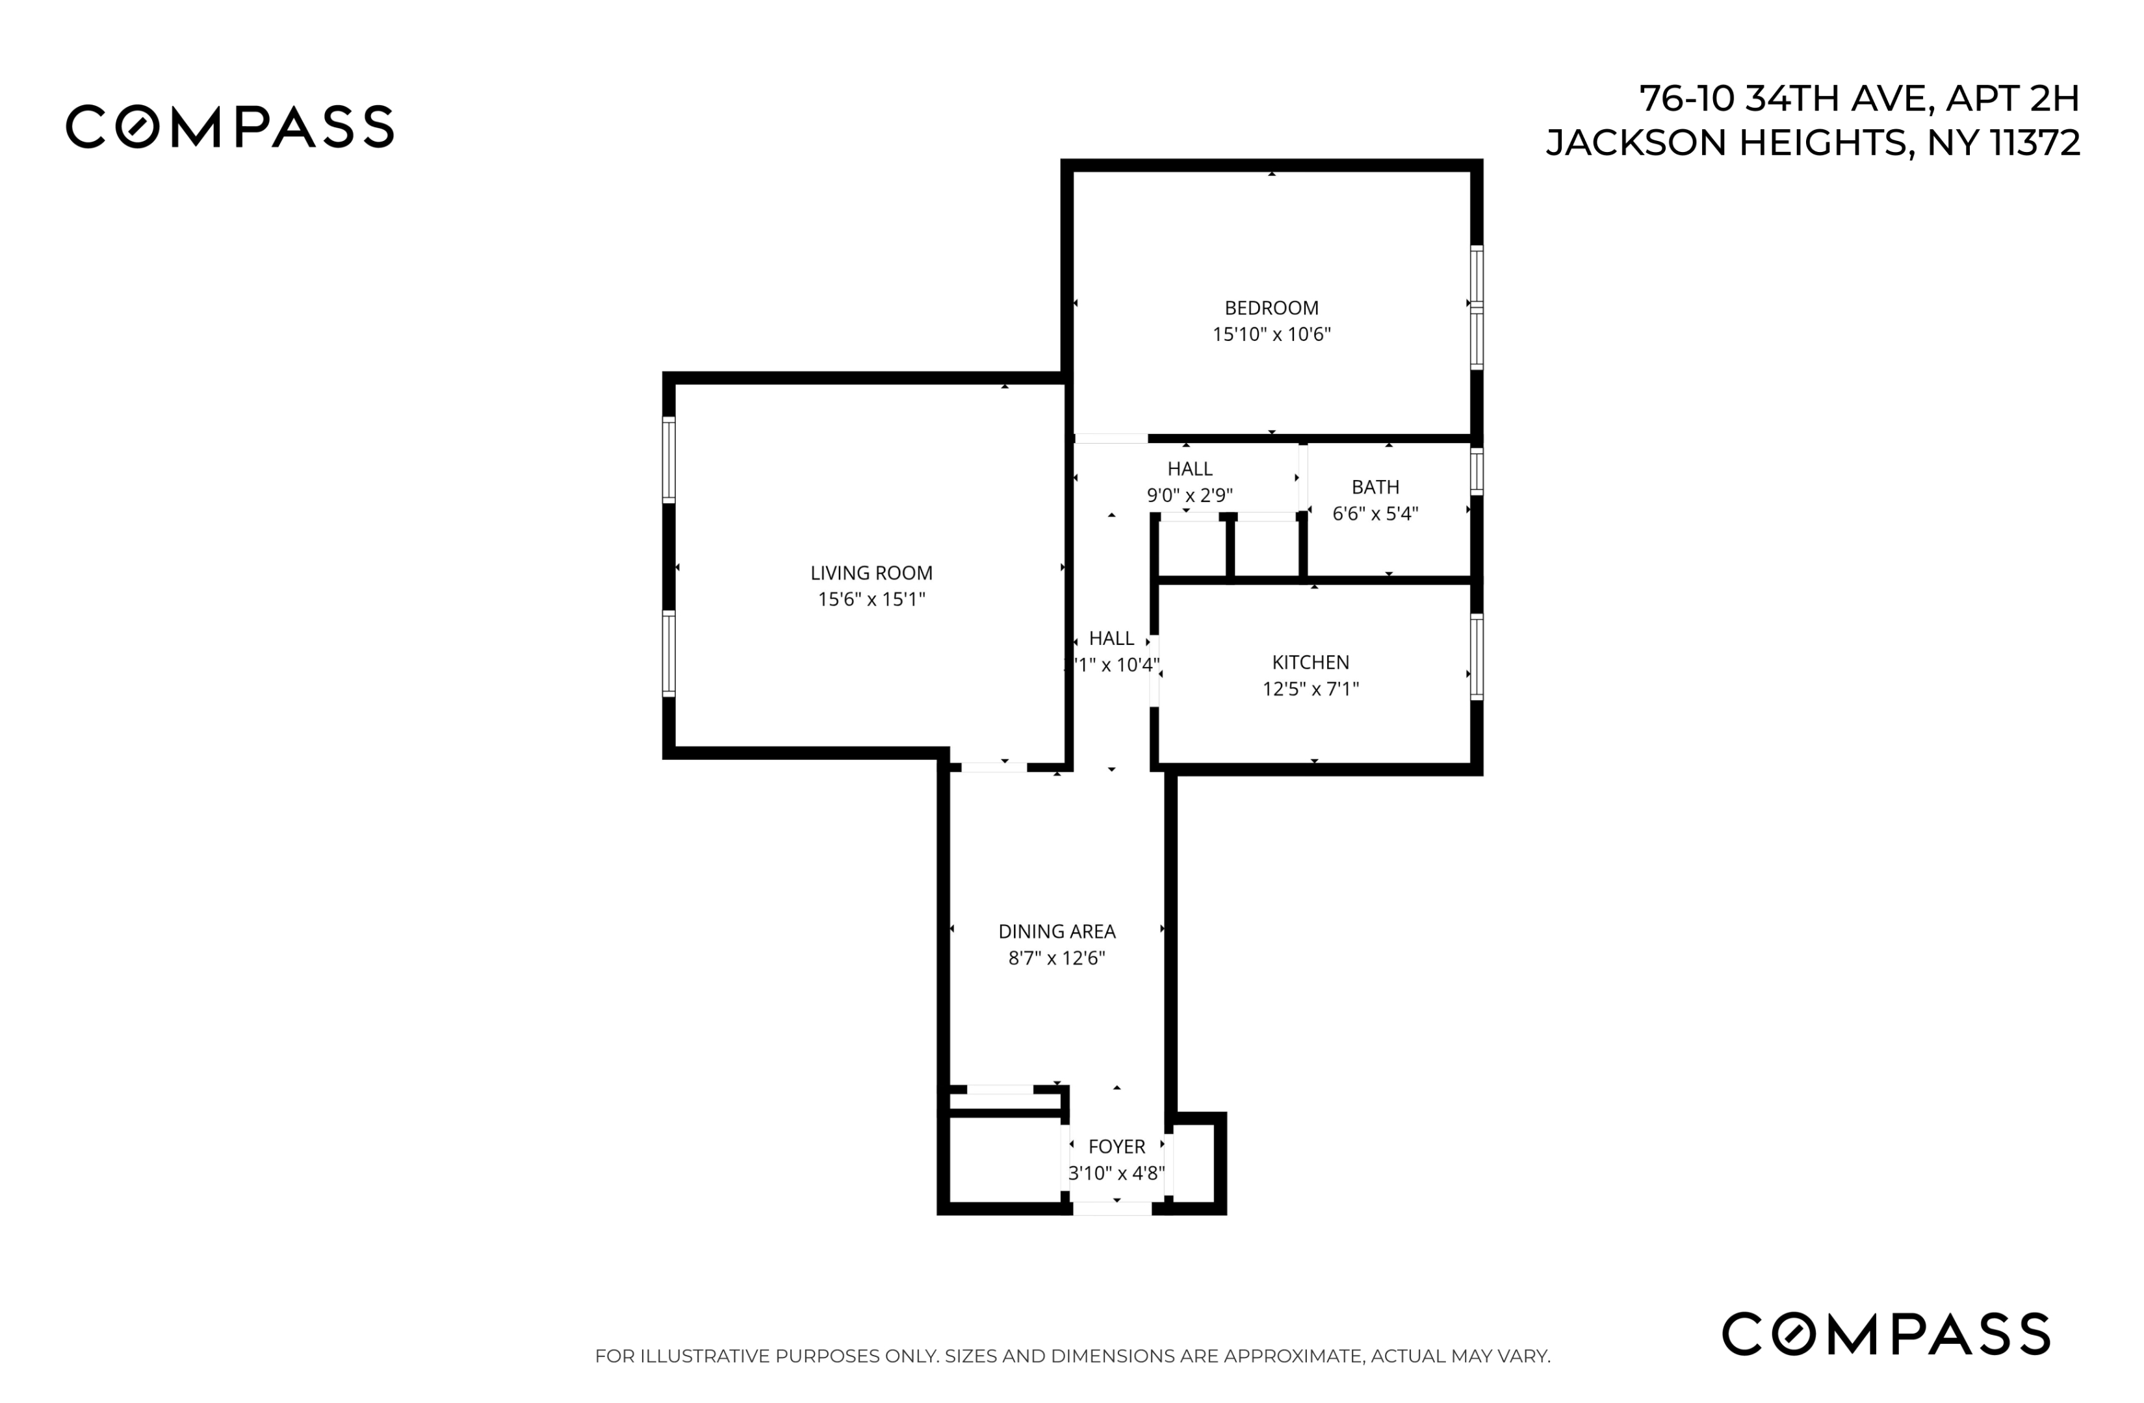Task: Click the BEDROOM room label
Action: (1271, 308)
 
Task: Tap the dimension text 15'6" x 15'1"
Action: (871, 600)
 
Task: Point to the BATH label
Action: (1375, 487)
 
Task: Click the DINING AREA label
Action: (1057, 931)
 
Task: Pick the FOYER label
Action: (1116, 1146)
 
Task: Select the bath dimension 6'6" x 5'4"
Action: (1375, 513)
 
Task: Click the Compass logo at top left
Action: (229, 127)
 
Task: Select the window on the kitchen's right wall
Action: (1475, 657)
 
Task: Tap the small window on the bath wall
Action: (1475, 470)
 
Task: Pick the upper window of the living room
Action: (669, 459)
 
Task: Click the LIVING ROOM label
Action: (871, 573)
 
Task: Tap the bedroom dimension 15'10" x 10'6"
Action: (1271, 334)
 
